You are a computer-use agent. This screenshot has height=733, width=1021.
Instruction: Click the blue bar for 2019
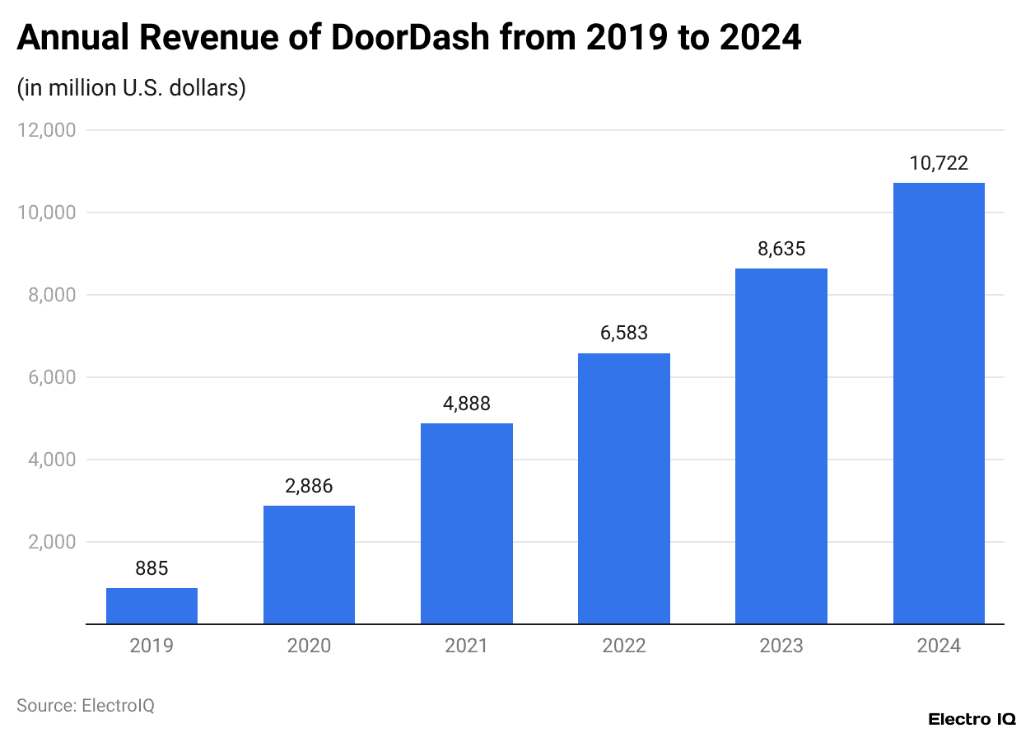point(152,606)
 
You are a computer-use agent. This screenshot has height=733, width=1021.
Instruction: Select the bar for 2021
point(466,524)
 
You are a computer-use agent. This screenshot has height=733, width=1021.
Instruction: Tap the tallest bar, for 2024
point(939,404)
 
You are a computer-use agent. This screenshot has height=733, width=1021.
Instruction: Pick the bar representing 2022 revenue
point(623,488)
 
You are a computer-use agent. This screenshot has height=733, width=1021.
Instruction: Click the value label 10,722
point(939,163)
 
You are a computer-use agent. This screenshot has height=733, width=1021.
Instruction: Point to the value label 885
point(152,568)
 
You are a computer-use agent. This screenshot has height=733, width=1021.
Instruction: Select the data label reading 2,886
point(309,486)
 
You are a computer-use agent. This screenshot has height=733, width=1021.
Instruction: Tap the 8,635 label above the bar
point(781,249)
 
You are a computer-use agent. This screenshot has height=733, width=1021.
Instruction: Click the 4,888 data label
point(466,404)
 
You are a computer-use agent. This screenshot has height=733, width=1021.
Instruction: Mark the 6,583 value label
point(623,334)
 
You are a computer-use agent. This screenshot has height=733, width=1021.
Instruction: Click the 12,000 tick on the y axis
point(46,130)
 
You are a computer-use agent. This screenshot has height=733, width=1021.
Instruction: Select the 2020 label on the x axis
point(309,646)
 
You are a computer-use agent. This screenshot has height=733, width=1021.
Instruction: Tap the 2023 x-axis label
point(781,646)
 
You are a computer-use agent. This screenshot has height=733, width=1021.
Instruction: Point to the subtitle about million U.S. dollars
point(132,88)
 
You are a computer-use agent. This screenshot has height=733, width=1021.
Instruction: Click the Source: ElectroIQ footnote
point(86,705)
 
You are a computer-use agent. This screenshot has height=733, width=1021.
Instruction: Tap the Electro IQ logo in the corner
point(972,719)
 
